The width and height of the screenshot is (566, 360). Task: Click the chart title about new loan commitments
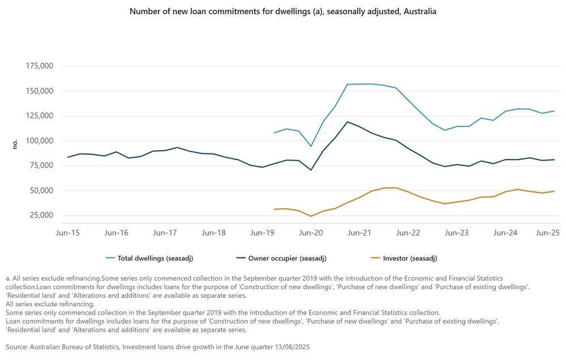tap(282, 11)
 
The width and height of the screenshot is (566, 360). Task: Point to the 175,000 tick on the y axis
tap(40, 66)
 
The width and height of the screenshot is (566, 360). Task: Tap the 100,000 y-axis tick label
tap(40, 141)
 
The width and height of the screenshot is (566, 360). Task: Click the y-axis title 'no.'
tap(15, 144)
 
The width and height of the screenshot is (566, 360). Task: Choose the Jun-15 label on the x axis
tap(67, 233)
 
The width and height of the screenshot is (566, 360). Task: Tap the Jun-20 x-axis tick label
tap(311, 233)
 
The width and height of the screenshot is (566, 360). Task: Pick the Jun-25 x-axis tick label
tap(548, 233)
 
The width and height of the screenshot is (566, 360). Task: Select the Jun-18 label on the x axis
tap(213, 233)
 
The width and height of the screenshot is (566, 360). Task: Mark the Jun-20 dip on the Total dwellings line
tap(311, 147)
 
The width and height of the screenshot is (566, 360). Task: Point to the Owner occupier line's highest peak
tap(348, 122)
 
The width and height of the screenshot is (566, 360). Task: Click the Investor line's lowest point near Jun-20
tap(311, 216)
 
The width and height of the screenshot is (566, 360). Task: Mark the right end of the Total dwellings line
tap(554, 111)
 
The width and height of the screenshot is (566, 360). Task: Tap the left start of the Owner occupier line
tap(68, 157)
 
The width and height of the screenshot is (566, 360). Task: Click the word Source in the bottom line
tap(17, 346)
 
